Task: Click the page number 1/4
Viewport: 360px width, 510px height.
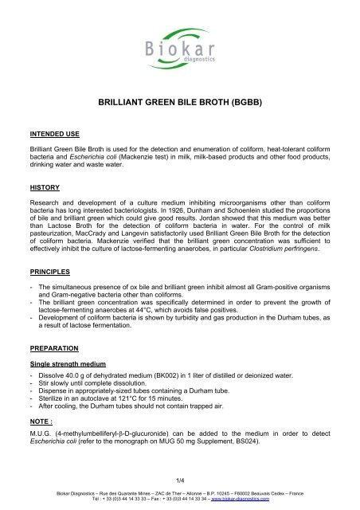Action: click(179, 480)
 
